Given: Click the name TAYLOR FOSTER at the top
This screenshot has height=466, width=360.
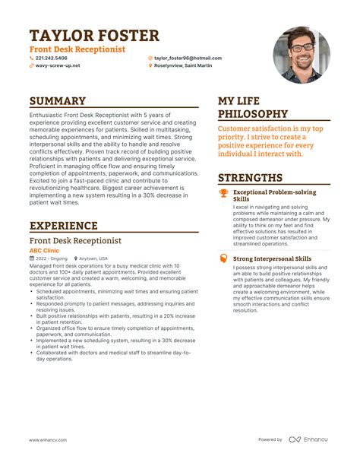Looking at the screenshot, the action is pyautogui.click(x=94, y=36).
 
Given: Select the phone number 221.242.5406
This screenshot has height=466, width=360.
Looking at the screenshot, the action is pyautogui.click(x=51, y=58).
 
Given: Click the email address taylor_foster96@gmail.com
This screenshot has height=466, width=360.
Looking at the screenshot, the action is pyautogui.click(x=188, y=58).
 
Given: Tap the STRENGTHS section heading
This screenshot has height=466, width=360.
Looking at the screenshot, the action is pyautogui.click(x=251, y=178).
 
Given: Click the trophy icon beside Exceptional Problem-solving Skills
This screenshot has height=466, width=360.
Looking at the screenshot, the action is pyautogui.click(x=223, y=193).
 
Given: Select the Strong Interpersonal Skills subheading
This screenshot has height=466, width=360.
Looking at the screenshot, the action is pyautogui.click(x=272, y=258).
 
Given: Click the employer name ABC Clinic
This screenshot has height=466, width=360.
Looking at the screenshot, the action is pyautogui.click(x=44, y=249).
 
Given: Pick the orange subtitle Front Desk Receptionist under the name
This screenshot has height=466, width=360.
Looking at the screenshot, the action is pyautogui.click(x=77, y=49).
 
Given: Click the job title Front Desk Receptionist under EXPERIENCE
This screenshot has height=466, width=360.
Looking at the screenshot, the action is pyautogui.click(x=75, y=240).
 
